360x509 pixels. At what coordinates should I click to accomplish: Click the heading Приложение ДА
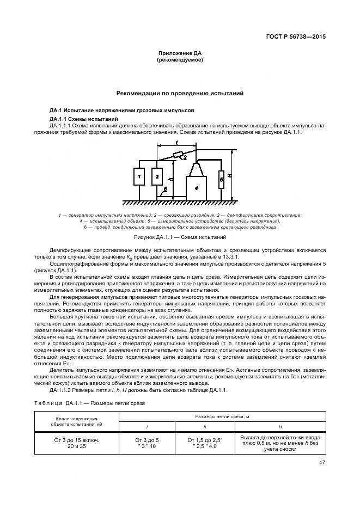(x=180, y=53)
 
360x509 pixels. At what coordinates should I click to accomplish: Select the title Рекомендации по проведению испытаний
(x=180, y=94)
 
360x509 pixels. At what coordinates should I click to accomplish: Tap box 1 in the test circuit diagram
(x=139, y=177)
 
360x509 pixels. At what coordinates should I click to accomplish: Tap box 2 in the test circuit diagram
(x=156, y=177)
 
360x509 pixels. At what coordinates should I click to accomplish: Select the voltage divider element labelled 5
(x=221, y=178)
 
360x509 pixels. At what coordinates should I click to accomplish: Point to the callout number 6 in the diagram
(x=164, y=190)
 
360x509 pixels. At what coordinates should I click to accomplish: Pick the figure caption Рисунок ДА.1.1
(x=180, y=237)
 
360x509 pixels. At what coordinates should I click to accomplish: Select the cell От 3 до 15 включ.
(x=76, y=439)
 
